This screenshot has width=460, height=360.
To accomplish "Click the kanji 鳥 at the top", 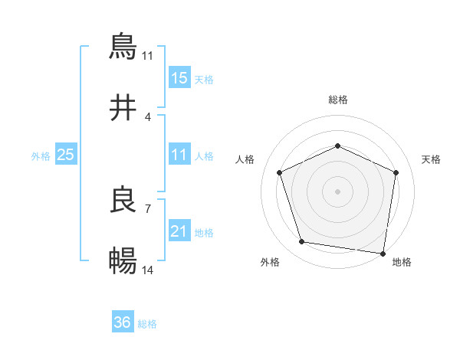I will tap(123, 46).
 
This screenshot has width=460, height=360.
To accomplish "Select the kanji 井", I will tap(123, 108).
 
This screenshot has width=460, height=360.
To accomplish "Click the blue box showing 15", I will tap(179, 78).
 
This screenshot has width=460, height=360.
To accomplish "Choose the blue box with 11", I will tap(179, 155).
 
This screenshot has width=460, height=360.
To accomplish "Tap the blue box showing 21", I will tap(179, 231).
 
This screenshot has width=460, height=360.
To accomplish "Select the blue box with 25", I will tap(65, 155).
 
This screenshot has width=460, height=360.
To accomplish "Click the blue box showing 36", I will tap(123, 322).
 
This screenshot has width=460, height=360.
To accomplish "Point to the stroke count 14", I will tap(148, 270).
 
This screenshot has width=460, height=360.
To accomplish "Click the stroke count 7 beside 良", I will tap(147, 208).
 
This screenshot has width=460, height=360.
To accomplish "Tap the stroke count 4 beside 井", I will tap(147, 116).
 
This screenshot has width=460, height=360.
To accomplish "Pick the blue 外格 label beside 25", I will tap(41, 155).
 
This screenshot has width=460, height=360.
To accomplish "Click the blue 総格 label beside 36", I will tap(147, 324).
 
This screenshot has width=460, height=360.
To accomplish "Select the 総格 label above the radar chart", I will tap(338, 100).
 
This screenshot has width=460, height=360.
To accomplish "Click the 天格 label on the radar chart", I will tap(432, 159).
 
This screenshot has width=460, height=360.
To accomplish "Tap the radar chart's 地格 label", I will tap(402, 262).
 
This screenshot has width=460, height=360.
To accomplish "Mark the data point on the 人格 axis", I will tap(280, 172).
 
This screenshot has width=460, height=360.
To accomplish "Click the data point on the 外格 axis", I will tap(302, 242).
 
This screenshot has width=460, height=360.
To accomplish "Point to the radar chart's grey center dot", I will tap(338, 191).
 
